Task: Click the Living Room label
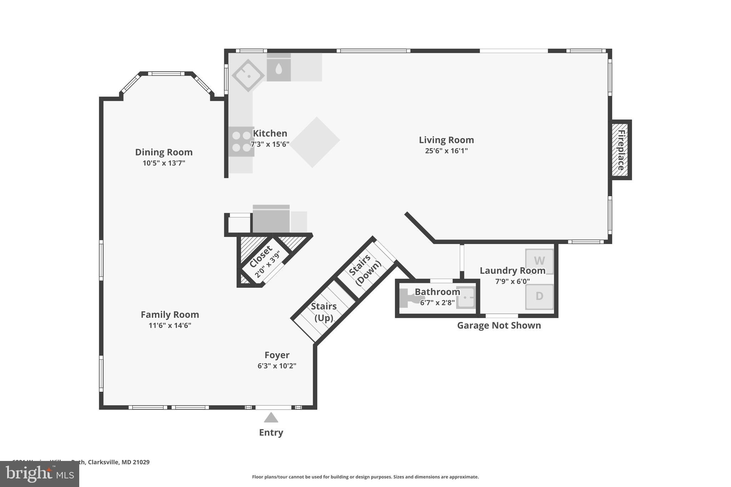coord(446,140)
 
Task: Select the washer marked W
coord(539,261)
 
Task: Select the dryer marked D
coord(539,296)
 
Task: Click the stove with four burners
coord(241,141)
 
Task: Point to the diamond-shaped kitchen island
coord(314,142)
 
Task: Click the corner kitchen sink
coord(248,75)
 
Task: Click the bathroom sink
coord(466,297)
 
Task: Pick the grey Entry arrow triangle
coord(271,417)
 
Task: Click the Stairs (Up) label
coord(323,312)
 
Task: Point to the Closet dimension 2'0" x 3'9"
coord(267,265)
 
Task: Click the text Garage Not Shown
coord(499,325)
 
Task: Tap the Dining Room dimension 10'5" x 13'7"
coord(164,163)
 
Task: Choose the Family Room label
coord(170,315)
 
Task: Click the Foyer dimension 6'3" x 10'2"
coord(277,366)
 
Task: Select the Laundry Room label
coord(512,271)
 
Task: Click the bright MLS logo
coord(40,474)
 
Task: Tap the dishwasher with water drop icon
coord(278,69)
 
